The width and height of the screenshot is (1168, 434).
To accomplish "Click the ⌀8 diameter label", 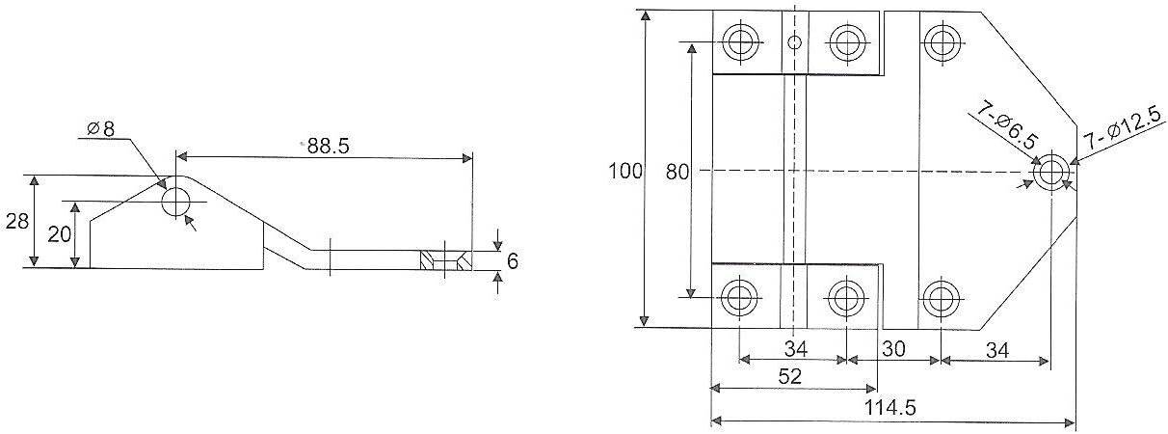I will click(100, 128).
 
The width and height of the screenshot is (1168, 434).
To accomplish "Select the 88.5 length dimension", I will click(327, 147).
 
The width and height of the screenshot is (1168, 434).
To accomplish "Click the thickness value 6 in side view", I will click(513, 260).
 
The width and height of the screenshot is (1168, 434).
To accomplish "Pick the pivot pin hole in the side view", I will click(176, 203).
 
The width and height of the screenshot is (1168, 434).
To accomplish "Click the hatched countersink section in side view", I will click(446, 260).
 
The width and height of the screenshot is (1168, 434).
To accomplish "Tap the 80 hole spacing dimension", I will click(677, 172).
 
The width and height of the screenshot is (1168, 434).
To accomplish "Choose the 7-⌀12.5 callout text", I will click(1118, 125).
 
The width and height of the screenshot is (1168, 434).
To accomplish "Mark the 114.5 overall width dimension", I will click(892, 408).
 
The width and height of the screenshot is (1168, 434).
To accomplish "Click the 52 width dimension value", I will click(790, 376).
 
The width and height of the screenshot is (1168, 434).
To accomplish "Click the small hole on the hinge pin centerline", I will click(794, 41).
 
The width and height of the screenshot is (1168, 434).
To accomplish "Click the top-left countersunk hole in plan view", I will click(740, 42).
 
